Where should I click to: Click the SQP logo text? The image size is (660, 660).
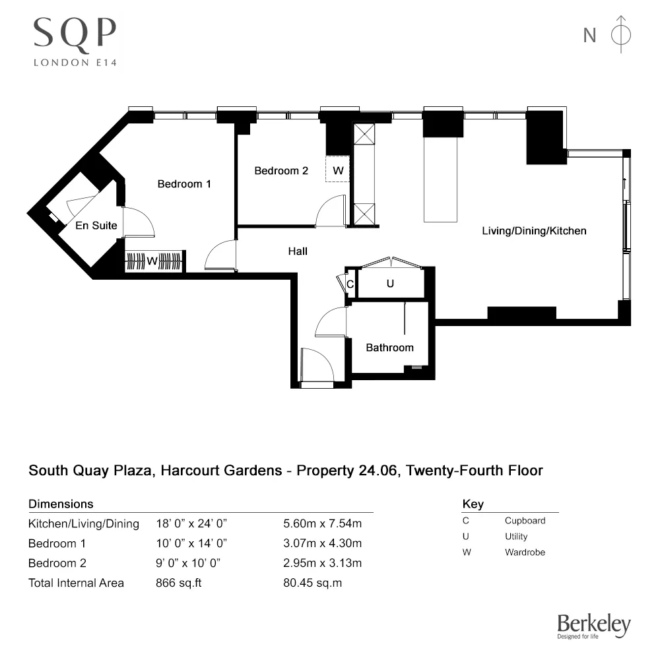point(75,33)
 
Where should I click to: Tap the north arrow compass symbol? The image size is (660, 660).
point(621,34)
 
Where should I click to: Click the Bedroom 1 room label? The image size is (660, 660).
point(184,184)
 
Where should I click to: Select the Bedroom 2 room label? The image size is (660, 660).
point(281,170)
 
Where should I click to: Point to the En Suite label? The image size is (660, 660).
point(96,226)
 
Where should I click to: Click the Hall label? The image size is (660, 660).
point(298,251)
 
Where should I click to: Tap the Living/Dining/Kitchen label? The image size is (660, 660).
point(534,231)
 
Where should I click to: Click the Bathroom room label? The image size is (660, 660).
point(390,348)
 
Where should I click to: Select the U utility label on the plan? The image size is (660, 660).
point(390,284)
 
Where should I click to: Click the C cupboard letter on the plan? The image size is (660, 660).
point(351,284)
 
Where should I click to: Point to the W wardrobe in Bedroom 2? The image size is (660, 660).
point(338,170)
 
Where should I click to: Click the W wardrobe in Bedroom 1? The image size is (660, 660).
point(152,261)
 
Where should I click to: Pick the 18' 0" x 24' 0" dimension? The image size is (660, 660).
point(191,524)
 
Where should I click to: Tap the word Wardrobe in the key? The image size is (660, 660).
point(525,552)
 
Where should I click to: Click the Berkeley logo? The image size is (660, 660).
point(593,626)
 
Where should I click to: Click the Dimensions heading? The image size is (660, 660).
point(61,504)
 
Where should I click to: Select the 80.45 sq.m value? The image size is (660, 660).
point(312,583)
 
